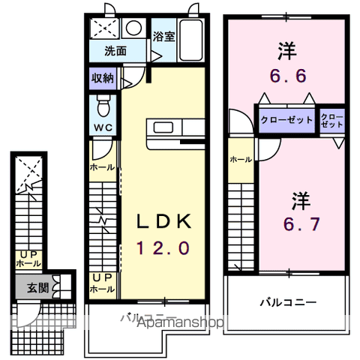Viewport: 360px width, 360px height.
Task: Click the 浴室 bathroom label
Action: click(x=163, y=37)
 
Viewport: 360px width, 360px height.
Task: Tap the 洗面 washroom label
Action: click(x=115, y=51)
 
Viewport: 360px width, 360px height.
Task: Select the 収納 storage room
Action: click(x=103, y=79)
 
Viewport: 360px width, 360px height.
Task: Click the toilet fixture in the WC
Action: click(x=103, y=106)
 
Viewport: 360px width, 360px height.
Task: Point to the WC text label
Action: click(x=103, y=127)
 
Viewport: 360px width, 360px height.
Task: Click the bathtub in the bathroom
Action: click(x=191, y=40)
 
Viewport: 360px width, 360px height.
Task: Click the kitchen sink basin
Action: click(x=163, y=127)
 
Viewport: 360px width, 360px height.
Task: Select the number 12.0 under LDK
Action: click(x=163, y=248)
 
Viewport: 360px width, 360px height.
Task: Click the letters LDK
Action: click(x=163, y=221)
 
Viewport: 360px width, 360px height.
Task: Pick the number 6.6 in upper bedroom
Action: click(x=288, y=76)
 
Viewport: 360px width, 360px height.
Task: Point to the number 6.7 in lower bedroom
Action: click(x=301, y=223)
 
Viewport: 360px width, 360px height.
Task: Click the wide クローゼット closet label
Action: click(x=286, y=120)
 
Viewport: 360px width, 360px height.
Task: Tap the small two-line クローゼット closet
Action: click(x=332, y=121)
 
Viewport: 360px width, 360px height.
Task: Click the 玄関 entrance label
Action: click(x=38, y=287)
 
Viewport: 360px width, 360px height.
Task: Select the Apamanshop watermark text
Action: click(x=181, y=322)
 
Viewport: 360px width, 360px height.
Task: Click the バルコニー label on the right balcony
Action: click(x=288, y=303)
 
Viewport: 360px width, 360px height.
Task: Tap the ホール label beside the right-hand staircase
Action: click(x=241, y=159)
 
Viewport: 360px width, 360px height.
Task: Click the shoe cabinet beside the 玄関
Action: click(x=62, y=286)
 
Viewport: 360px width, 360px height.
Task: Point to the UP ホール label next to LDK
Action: click(x=103, y=283)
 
